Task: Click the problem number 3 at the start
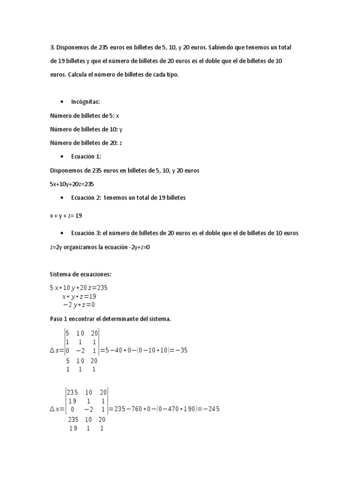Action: click(51, 48)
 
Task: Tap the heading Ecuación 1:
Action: click(86, 157)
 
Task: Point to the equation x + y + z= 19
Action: click(66, 216)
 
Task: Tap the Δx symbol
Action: click(56, 409)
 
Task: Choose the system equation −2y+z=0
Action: click(79, 305)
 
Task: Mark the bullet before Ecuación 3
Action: click(62, 233)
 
